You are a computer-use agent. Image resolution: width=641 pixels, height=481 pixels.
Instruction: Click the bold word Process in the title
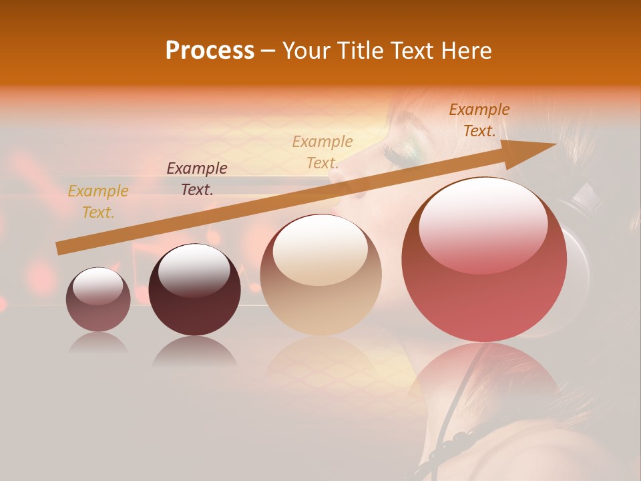point(210,51)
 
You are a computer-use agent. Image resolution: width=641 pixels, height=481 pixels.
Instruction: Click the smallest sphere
point(98,299)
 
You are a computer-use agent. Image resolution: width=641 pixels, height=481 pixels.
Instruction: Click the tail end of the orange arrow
point(61,248)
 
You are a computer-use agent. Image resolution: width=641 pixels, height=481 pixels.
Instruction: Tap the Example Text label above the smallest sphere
point(98,202)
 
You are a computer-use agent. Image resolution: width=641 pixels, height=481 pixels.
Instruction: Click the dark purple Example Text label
point(197,179)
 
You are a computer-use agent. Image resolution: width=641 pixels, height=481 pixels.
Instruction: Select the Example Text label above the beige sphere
point(323,152)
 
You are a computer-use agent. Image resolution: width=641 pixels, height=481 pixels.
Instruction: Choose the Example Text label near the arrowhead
point(479,120)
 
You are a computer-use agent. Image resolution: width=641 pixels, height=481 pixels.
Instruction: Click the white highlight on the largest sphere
point(483,224)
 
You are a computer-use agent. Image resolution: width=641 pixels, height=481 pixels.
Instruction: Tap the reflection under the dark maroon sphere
point(194,351)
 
